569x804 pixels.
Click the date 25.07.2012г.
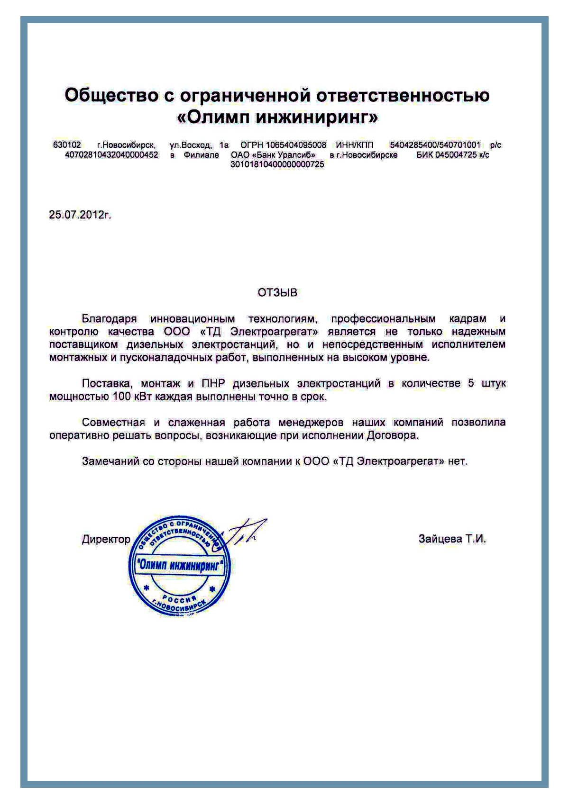(x=80, y=215)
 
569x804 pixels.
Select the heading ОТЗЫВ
(x=277, y=293)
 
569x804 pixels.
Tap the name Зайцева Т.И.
(x=452, y=539)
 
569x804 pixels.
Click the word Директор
(x=106, y=539)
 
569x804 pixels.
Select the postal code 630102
(x=67, y=145)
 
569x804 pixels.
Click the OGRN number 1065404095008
(x=296, y=145)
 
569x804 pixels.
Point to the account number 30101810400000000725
(x=277, y=164)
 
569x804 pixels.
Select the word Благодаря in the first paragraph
(x=109, y=319)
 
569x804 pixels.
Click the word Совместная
(x=113, y=422)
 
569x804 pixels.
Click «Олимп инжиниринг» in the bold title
(x=277, y=117)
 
